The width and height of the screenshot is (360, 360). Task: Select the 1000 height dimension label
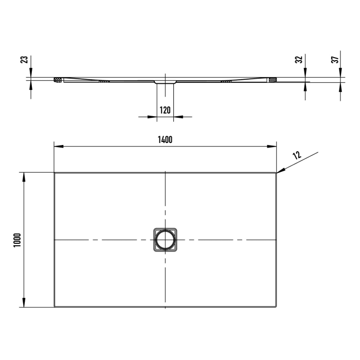[16, 240]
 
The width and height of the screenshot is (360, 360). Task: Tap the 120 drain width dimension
[165, 110]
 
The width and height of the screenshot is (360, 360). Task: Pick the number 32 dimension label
[299, 60]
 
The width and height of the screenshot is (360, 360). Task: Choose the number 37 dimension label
[335, 60]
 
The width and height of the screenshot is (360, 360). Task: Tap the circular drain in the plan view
[165, 240]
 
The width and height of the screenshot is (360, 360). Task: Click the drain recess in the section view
[165, 81]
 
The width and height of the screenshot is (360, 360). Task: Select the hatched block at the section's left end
[58, 80]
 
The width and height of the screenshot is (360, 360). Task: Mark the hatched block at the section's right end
[272, 80]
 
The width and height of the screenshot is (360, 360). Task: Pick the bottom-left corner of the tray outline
[55, 307]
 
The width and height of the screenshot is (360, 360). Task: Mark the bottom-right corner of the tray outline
[276, 307]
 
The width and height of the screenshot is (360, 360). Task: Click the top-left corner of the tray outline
[55, 173]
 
